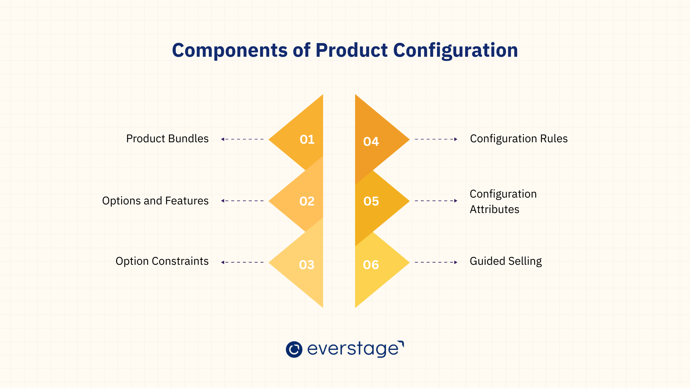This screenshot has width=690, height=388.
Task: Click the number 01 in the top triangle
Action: point(307,139)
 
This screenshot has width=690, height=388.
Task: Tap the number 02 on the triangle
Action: point(307,201)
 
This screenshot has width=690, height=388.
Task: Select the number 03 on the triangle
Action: point(307,265)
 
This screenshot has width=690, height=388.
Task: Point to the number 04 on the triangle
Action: point(371,142)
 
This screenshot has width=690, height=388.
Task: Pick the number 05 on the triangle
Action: point(371,201)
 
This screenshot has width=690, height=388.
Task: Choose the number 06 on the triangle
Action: point(371,265)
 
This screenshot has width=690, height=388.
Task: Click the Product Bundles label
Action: point(167,139)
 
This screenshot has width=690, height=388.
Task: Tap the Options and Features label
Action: point(155,201)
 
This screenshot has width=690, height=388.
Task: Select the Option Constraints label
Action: point(162,261)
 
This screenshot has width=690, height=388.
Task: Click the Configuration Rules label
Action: point(519,139)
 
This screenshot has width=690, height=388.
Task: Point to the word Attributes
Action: point(494,209)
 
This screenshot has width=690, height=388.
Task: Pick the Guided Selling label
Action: point(506,261)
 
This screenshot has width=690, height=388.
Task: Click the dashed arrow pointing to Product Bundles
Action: point(242,139)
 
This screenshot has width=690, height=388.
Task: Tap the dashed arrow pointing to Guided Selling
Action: point(436,262)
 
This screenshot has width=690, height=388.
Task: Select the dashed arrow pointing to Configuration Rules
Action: point(436,139)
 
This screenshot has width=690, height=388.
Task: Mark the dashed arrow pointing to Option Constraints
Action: point(242,262)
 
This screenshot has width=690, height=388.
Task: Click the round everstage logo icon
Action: point(294,349)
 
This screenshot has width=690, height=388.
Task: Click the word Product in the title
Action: point(351,50)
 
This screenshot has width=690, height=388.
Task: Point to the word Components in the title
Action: point(230,50)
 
